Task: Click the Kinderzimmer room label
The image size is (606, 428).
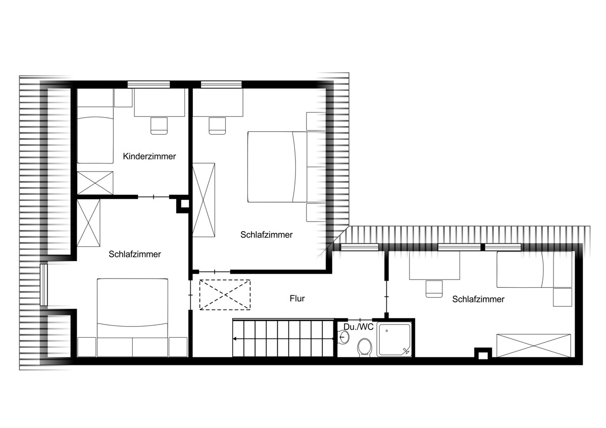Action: [x=149, y=156]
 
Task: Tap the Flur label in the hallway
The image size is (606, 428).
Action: [x=297, y=298]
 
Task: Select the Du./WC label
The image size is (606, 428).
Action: [x=359, y=327]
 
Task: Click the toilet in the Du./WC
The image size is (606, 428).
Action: [x=365, y=347]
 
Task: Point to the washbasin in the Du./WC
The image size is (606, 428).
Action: [x=344, y=337]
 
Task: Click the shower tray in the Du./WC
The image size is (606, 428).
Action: [x=394, y=339]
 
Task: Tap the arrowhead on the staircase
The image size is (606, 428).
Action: [x=234, y=339]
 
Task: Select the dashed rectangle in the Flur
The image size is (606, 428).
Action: [x=225, y=295]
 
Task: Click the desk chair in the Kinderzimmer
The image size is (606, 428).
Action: [x=159, y=126]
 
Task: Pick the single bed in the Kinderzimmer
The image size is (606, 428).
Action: [x=95, y=135]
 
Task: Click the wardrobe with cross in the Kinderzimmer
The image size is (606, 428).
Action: [x=95, y=183]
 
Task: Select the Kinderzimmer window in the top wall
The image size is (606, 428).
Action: [x=149, y=84]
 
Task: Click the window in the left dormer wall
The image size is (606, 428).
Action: [x=44, y=285]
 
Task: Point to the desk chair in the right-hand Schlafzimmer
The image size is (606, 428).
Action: [x=434, y=289]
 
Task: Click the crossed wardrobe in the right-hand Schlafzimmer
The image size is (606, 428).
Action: [x=534, y=346]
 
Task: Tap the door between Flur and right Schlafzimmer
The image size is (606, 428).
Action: [x=387, y=297]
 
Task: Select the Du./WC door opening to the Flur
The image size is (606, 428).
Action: [x=360, y=320]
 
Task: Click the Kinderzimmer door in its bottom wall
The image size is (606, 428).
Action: [x=154, y=197]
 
